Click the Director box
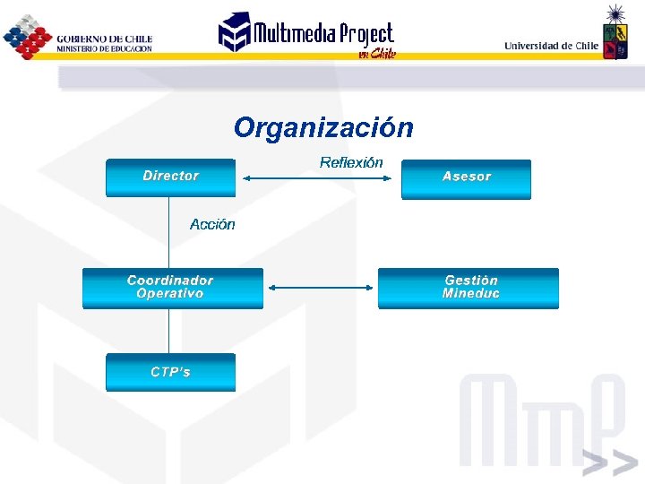click(170, 177)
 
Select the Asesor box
click(466, 177)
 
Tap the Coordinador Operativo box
click(172, 288)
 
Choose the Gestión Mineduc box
click(469, 288)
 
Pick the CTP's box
click(170, 372)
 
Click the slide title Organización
click(323, 128)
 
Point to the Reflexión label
click(351, 162)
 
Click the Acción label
click(212, 225)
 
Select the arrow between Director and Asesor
click(318, 178)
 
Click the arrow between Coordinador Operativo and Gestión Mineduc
click(321, 288)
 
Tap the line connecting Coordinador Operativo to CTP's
click(169, 331)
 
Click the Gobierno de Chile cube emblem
click(27, 38)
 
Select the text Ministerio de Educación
click(104, 48)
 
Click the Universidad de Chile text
click(551, 46)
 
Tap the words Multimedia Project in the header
click(322, 34)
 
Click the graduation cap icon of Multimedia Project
click(235, 31)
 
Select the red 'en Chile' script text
click(376, 54)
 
